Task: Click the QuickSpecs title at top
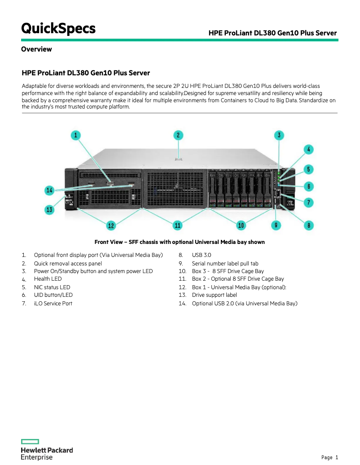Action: pyautogui.click(x=58, y=29)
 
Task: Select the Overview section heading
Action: pyautogui.click(x=36, y=49)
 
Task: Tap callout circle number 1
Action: pyautogui.click(x=76, y=135)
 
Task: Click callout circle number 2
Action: pyautogui.click(x=178, y=135)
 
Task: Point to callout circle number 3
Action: pyautogui.click(x=279, y=135)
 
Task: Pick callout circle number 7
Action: pyautogui.click(x=308, y=202)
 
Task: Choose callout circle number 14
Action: pyautogui.click(x=50, y=191)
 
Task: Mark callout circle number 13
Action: pyautogui.click(x=50, y=209)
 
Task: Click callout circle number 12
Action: pyautogui.click(x=111, y=225)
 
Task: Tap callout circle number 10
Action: pyautogui.click(x=241, y=225)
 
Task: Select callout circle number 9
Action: pyautogui.click(x=277, y=225)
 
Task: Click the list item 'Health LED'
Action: pyautogui.click(x=48, y=279)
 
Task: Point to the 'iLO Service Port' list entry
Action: pyautogui.click(x=53, y=304)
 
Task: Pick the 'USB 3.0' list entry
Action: pyautogui.click(x=201, y=255)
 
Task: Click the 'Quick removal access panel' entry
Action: pyautogui.click(x=68, y=264)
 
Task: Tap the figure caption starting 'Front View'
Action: pyautogui.click(x=180, y=242)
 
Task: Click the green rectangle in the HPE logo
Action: pyautogui.click(x=30, y=442)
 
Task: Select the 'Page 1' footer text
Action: pyautogui.click(x=329, y=457)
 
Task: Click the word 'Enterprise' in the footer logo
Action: pyautogui.click(x=37, y=457)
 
